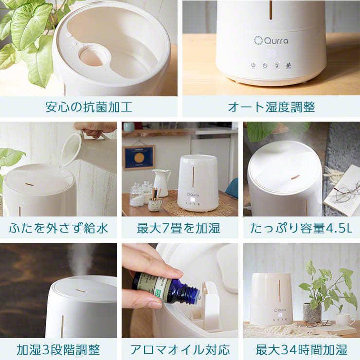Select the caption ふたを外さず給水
click(x=58, y=228)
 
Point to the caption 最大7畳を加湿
click(x=180, y=228)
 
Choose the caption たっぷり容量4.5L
click(x=301, y=228)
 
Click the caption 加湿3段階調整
click(x=58, y=349)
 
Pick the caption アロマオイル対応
click(x=180, y=349)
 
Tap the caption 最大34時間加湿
click(x=301, y=349)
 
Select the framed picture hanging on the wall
click(x=139, y=157)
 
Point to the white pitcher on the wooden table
click(x=160, y=182)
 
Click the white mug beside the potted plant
click(x=344, y=319)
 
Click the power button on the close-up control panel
click(x=253, y=65)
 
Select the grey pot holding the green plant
click(x=311, y=312)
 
